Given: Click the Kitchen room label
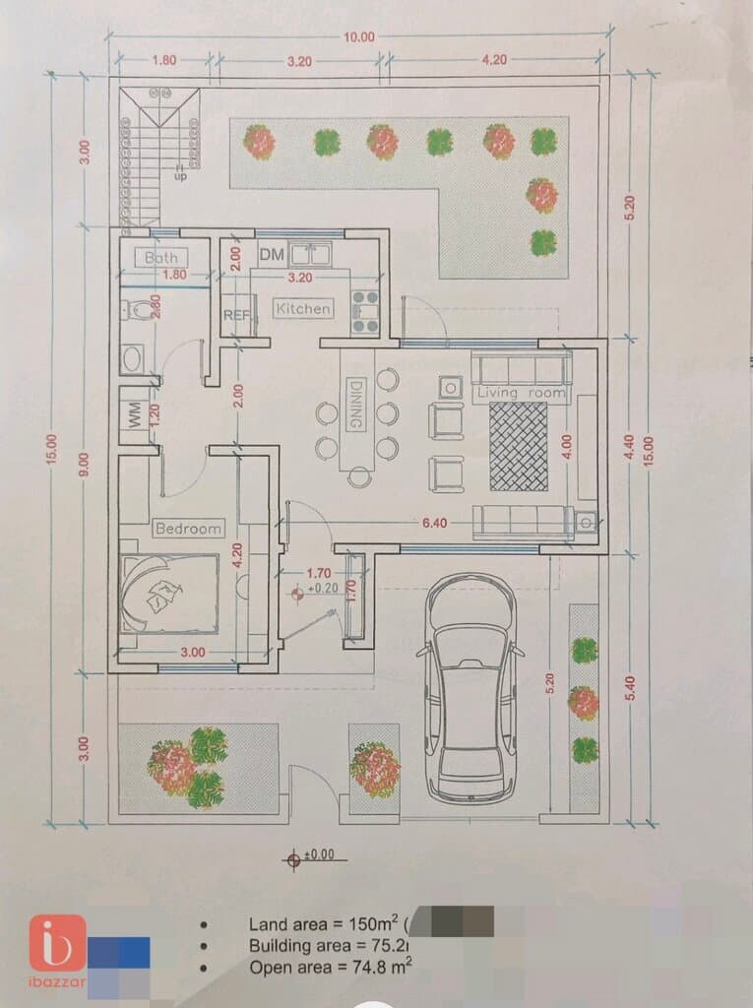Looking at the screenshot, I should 303,308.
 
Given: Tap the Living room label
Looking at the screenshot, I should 521,394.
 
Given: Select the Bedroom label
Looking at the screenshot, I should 189,529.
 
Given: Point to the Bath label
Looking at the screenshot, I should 160,258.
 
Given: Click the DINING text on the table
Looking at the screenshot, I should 356,404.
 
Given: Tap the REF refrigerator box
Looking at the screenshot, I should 235,316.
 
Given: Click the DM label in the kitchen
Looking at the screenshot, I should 272,256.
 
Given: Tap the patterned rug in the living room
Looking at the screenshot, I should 519,447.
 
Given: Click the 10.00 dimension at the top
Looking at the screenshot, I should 358,37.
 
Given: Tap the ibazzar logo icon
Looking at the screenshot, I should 57,943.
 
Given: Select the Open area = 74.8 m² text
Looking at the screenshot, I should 330,967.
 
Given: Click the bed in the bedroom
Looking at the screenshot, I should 168,594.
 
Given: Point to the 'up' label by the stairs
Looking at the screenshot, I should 180,176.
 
